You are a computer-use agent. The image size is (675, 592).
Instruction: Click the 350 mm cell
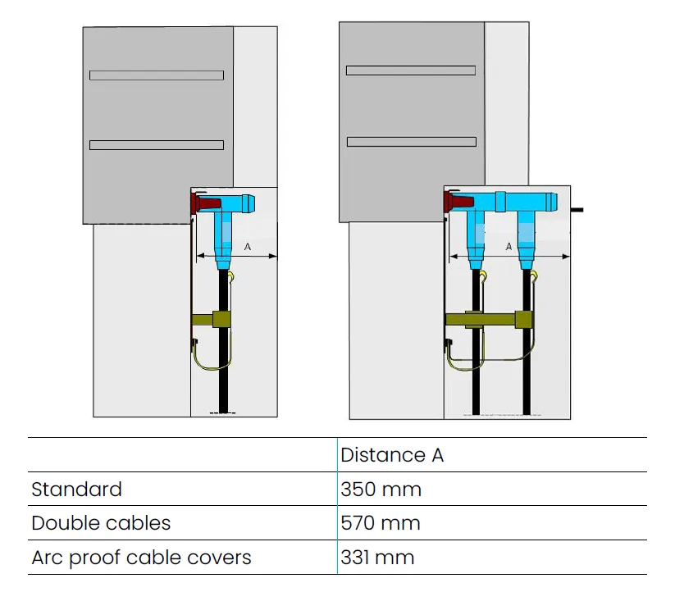point(381,490)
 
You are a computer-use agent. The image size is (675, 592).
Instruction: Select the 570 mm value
point(381,523)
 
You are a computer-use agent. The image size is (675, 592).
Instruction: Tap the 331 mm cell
point(377,558)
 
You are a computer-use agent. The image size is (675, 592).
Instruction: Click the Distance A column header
point(392,455)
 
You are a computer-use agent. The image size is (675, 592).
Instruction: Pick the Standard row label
point(76,490)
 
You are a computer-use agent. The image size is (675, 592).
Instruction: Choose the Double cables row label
point(100,523)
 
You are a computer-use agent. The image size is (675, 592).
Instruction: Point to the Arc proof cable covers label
point(141,558)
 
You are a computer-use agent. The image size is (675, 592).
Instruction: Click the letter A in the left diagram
point(248,246)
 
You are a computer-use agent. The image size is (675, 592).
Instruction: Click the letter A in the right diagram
point(509,246)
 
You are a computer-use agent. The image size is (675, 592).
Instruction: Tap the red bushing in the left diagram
point(207,202)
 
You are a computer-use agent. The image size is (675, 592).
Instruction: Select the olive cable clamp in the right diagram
point(488,319)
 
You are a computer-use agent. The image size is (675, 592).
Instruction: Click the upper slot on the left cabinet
point(156,75)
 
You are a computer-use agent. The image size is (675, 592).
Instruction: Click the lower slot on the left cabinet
point(156,145)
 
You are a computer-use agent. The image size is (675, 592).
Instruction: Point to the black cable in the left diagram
point(221,369)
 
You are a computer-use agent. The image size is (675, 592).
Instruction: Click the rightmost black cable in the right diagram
point(525,377)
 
